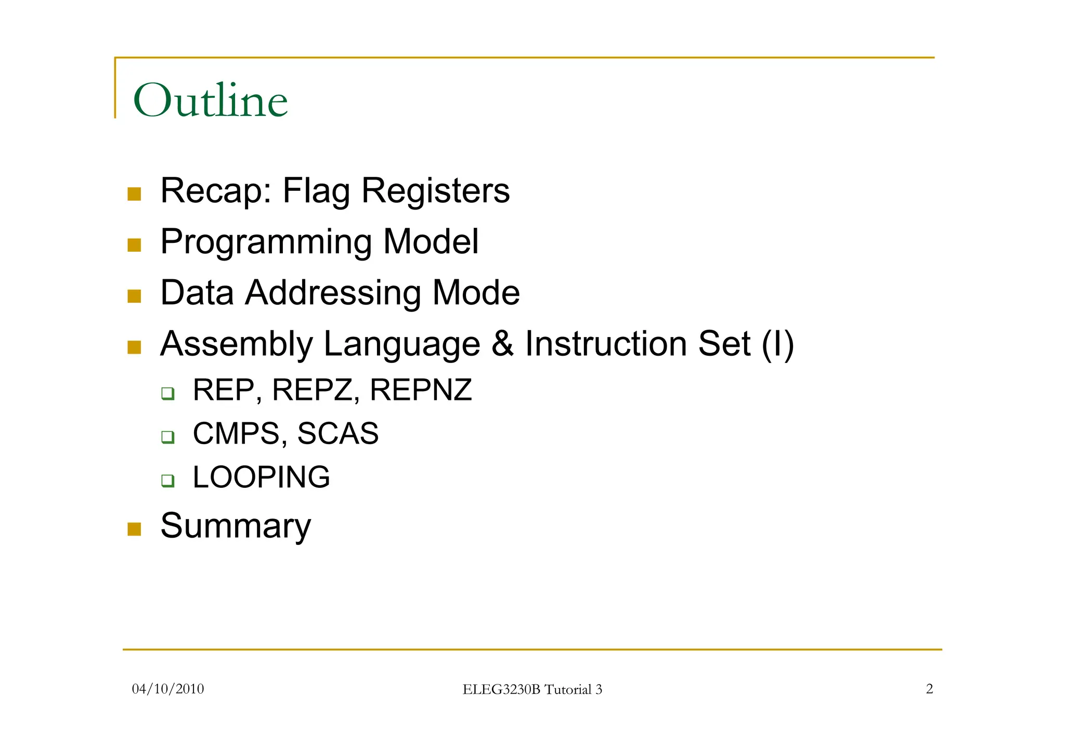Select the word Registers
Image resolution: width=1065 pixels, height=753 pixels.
[435, 191]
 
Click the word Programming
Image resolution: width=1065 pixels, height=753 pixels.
[266, 242]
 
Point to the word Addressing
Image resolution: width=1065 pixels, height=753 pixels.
[333, 293]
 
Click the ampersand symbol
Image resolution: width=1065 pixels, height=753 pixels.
[502, 344]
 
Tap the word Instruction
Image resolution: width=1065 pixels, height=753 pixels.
[606, 344]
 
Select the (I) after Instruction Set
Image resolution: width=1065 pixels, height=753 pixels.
[777, 344]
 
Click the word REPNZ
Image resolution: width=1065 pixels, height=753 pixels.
[420, 390]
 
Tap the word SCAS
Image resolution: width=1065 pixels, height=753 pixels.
[338, 434]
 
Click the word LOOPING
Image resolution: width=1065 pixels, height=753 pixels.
[261, 477]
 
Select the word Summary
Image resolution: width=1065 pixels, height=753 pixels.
[236, 526]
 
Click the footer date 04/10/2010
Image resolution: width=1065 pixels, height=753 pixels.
[168, 689]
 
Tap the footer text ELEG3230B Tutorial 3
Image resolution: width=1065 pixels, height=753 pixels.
[532, 690]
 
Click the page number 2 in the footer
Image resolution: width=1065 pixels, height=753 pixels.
[929, 689]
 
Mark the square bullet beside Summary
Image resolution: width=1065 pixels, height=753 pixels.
[134, 529]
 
